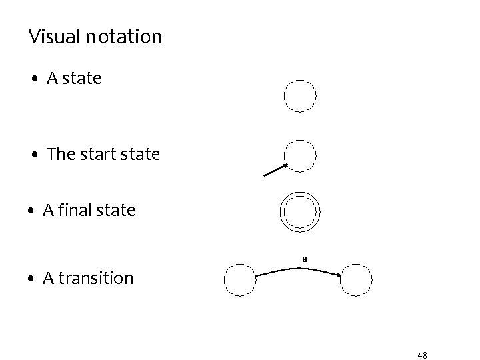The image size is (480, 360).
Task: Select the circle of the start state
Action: (x=300, y=156)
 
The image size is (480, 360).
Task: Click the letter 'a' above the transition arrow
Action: (x=304, y=258)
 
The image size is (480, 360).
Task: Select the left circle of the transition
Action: (x=240, y=280)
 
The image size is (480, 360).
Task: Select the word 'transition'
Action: (x=97, y=277)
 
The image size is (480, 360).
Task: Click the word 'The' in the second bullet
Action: (x=61, y=154)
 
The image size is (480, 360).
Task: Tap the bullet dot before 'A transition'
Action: (x=31, y=279)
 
